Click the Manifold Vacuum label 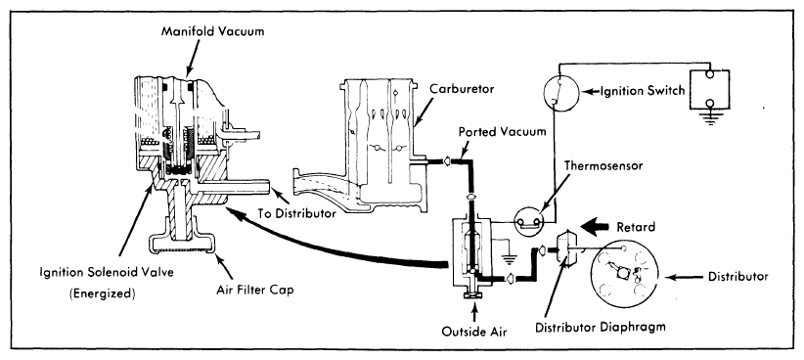(x=213, y=31)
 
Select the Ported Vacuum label (x=502, y=132)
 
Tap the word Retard (x=636, y=227)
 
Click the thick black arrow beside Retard (x=595, y=227)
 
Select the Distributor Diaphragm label (x=600, y=327)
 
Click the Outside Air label (x=474, y=332)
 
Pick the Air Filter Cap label (x=254, y=291)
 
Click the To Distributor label (x=296, y=213)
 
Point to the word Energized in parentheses (x=102, y=294)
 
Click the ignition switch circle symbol (x=560, y=92)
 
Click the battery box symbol (x=709, y=89)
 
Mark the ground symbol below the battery (x=710, y=119)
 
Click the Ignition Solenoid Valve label (x=107, y=272)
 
